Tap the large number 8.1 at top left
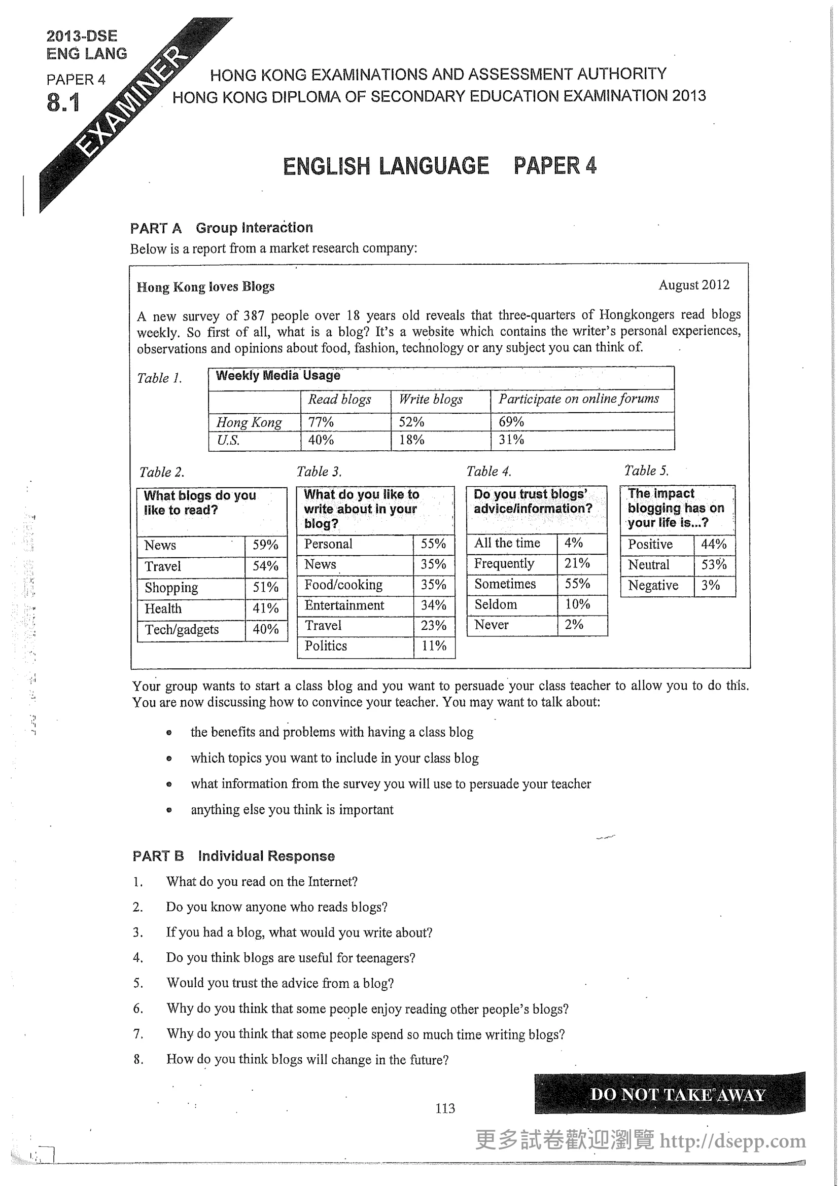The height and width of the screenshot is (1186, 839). (63, 102)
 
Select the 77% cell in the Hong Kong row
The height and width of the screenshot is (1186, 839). (321, 422)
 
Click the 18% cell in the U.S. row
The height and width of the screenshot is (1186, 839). (411, 440)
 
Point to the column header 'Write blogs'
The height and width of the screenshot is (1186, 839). (430, 399)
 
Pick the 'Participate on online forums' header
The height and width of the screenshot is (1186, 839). (578, 399)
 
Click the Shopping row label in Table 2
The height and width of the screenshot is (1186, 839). (171, 587)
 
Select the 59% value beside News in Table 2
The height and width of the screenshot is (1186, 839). (265, 545)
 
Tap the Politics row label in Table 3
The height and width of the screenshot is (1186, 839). (326, 645)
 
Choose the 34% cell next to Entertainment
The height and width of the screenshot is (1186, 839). (433, 605)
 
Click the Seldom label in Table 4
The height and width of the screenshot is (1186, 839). (496, 604)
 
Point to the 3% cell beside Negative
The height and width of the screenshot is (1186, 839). (710, 585)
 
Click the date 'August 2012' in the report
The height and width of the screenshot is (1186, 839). (693, 285)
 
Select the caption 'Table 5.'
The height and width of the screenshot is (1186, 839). (646, 471)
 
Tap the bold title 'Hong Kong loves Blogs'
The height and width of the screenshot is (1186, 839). (205, 286)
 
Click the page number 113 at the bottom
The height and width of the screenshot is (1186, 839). (445, 1108)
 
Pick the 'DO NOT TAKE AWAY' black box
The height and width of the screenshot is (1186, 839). (670, 1094)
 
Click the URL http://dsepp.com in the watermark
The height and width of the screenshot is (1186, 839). (732, 1140)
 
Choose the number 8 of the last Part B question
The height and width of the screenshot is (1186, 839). (138, 1060)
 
